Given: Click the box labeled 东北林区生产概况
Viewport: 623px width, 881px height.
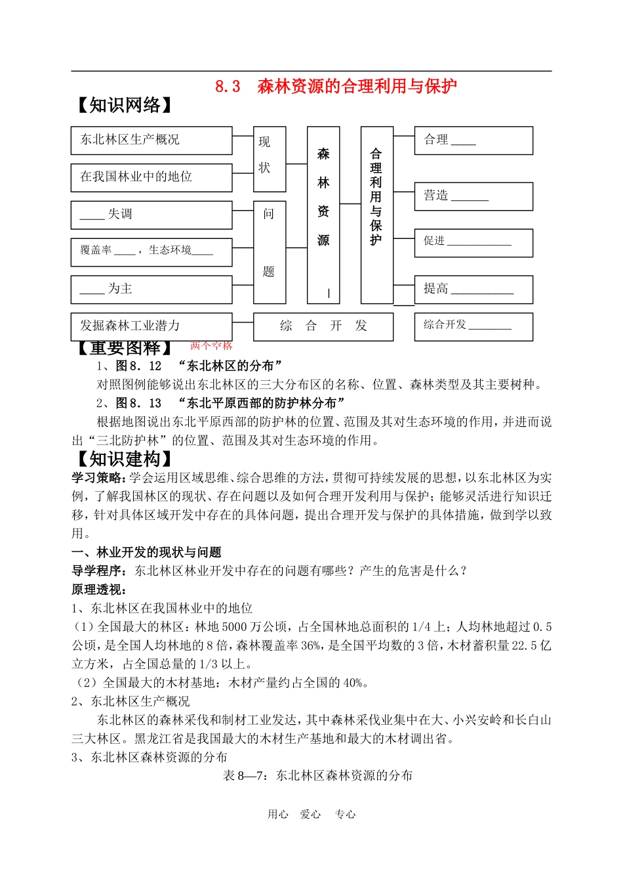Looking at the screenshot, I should tap(151, 140).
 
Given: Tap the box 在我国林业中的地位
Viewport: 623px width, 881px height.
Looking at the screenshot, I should tap(151, 177).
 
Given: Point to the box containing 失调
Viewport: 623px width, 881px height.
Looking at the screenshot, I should tap(151, 215).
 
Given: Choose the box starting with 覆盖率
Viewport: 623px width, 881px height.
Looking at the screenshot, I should tap(151, 251).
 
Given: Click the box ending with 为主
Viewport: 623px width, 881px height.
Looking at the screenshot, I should tap(151, 290).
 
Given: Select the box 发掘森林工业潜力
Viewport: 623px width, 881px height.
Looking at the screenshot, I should tap(151, 326).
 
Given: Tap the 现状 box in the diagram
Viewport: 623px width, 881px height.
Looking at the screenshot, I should tap(270, 154).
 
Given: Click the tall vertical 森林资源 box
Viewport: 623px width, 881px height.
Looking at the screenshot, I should tap(323, 215).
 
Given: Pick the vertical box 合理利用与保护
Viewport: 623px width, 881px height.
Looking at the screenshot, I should tap(376, 215).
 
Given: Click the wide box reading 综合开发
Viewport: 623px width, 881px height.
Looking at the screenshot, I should tap(323, 326).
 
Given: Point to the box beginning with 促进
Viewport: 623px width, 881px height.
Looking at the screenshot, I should tap(473, 243).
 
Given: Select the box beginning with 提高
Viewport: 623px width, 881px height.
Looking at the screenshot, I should tap(473, 290).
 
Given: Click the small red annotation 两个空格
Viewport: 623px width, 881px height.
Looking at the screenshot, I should tap(211, 345).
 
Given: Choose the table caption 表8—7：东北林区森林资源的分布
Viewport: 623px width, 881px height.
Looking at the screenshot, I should tap(318, 775).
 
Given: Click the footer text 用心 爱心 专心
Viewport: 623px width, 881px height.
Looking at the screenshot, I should tap(311, 814).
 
